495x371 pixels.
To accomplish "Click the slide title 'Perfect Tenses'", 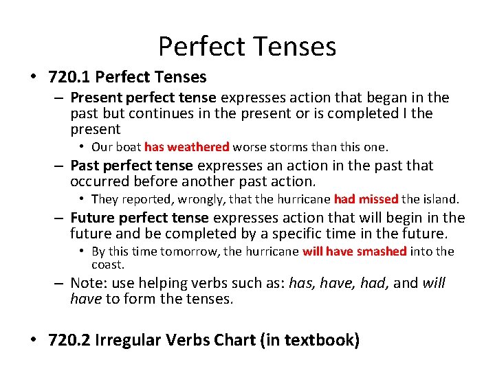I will click(247, 46).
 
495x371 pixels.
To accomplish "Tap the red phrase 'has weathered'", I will click(187, 147).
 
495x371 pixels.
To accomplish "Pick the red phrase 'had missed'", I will click(366, 199).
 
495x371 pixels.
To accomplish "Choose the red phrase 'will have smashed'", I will click(354, 251).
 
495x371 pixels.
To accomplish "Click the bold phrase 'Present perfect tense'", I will click(143, 98).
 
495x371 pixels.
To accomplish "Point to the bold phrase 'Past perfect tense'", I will click(133, 166).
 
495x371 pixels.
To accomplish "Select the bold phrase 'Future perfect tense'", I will click(139, 218).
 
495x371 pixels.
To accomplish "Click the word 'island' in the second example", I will click(440, 199).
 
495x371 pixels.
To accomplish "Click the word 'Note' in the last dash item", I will click(87, 283).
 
